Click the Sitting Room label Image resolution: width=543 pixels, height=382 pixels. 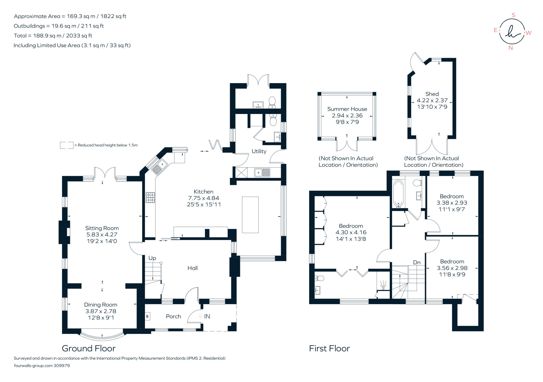click(x=102, y=228)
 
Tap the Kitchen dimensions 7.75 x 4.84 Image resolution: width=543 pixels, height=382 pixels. click(x=203, y=198)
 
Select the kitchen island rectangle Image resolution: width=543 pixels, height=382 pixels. click(x=250, y=215)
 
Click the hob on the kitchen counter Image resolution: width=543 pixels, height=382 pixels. click(x=150, y=198)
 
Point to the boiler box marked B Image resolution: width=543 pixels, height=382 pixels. click(x=147, y=316)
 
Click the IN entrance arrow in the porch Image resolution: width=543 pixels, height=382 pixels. click(x=204, y=316)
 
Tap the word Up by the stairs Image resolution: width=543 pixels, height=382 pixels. click(x=152, y=258)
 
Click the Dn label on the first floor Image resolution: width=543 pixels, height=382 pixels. click(x=417, y=262)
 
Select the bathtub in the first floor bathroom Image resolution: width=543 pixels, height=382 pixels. click(x=398, y=193)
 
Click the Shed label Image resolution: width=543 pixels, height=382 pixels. click(x=432, y=94)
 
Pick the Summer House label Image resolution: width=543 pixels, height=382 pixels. click(x=347, y=109)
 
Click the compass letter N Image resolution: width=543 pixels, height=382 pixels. click(x=510, y=48)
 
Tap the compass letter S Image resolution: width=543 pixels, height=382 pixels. click(x=513, y=15)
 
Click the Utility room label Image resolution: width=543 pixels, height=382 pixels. click(x=259, y=151)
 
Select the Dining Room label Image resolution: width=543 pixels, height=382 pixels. click(x=100, y=305)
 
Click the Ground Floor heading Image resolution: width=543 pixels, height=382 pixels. click(x=89, y=348)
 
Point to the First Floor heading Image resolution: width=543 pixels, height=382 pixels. click(x=329, y=348)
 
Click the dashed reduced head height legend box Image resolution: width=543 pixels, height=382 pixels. click(x=67, y=145)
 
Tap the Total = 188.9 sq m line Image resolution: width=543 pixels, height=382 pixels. click(x=53, y=35)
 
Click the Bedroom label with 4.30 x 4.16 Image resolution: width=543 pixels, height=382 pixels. click(x=351, y=226)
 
